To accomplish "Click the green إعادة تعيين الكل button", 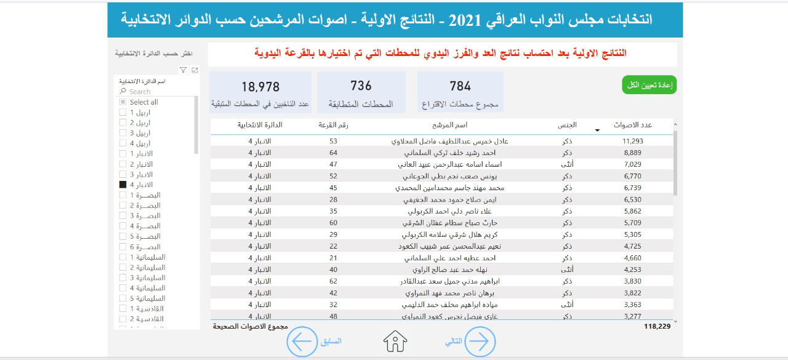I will tap(649, 85).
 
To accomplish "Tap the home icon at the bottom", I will tap(395, 341).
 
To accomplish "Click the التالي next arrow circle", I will tap(480, 342).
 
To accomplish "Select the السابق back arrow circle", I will tap(302, 342).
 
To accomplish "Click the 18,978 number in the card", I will tap(260, 87).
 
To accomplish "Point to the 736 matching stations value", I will tap(361, 86).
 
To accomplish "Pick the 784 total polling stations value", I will tap(460, 86).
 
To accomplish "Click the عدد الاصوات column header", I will tap(633, 125).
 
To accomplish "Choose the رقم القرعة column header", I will tap(333, 125).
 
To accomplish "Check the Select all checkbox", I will tap(123, 102).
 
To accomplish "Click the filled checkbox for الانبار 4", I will tap(123, 185).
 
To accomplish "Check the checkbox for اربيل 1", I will tap(123, 113).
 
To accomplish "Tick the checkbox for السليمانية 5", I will tap(123, 298).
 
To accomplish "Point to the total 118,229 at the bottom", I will tap(657, 326).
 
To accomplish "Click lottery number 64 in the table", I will tap(334, 153).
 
